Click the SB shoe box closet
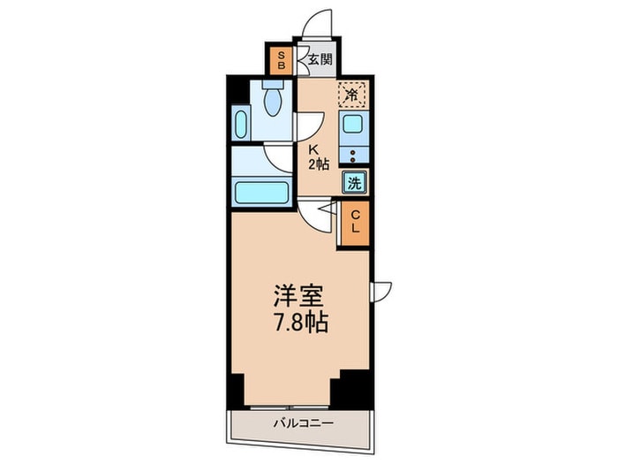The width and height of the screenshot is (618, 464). (281, 58)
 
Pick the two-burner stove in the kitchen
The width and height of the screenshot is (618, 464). (354, 156)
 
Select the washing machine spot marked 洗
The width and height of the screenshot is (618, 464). (354, 185)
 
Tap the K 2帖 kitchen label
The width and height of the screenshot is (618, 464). (317, 156)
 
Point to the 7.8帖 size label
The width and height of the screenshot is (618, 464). (298, 323)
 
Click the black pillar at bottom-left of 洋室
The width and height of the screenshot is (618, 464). (235, 390)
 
